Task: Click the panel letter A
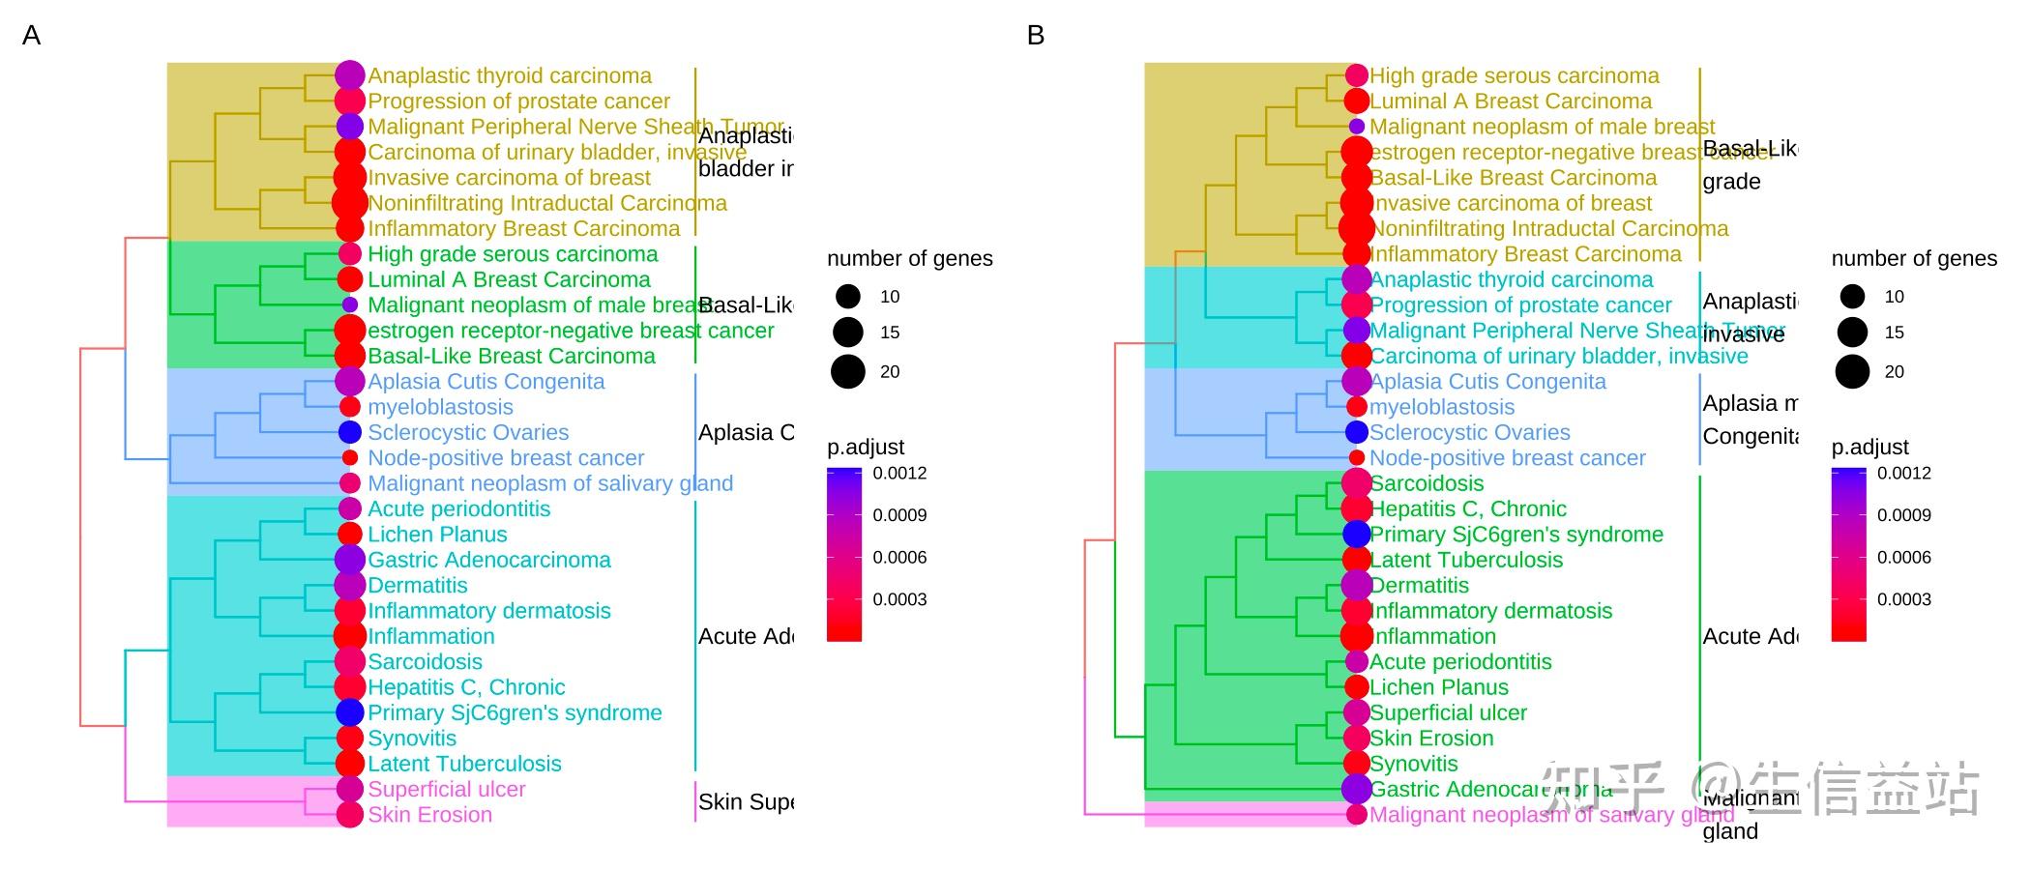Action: [x=31, y=36]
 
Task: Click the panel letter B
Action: [x=1036, y=36]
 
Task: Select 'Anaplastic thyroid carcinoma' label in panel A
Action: [x=510, y=75]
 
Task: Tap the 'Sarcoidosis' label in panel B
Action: [x=1427, y=483]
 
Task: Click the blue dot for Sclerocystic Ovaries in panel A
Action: [x=350, y=432]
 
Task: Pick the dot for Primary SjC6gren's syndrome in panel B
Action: [x=1357, y=534]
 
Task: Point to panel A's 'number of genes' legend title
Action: [x=909, y=258]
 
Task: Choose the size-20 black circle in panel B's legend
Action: [x=1852, y=371]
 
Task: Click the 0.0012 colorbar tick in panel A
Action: [x=899, y=473]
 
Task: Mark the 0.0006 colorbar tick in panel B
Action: [x=1903, y=557]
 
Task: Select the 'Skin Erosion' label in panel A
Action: [x=429, y=814]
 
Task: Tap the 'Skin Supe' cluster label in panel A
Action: [x=745, y=801]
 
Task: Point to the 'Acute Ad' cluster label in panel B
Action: [x=1750, y=636]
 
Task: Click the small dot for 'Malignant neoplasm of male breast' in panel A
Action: [x=350, y=304]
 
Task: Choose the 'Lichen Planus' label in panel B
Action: [x=1439, y=687]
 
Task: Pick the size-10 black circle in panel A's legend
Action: [x=848, y=297]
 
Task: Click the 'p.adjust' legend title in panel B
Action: [x=1869, y=447]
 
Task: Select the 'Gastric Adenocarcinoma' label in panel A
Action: [x=489, y=560]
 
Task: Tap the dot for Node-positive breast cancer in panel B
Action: [x=1357, y=457]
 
